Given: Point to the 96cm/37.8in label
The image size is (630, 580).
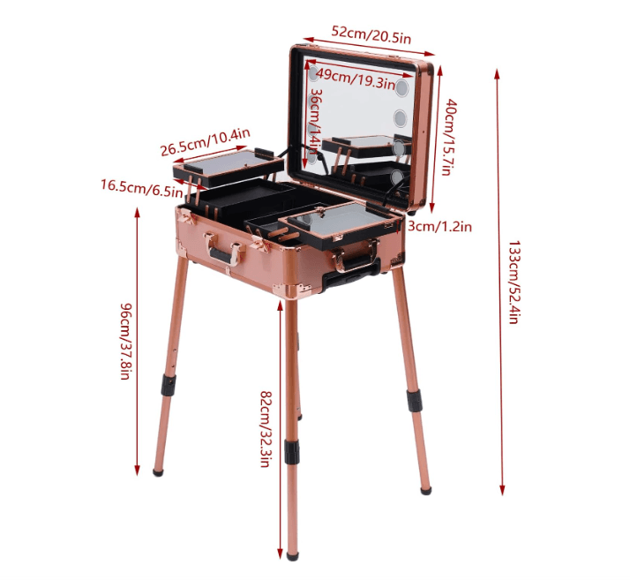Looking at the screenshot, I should click(126, 340).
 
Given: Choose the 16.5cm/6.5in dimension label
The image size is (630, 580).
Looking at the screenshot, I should click(138, 185).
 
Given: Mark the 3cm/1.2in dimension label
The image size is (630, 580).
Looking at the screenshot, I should click(441, 227).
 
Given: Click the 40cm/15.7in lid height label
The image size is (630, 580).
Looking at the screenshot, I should click(449, 136).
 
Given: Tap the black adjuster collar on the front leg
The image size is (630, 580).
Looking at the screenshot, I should click(291, 451).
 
